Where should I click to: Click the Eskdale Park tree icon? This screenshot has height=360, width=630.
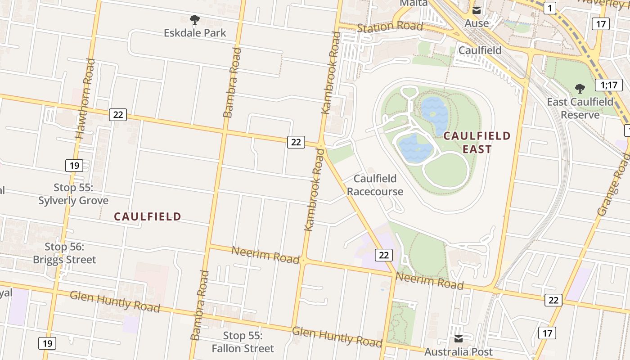pyautogui.click(x=194, y=19)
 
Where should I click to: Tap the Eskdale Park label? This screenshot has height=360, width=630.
pyautogui.click(x=195, y=33)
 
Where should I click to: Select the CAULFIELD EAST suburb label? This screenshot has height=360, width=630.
pyautogui.click(x=477, y=142)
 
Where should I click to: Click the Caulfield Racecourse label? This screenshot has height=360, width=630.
pyautogui.click(x=375, y=185)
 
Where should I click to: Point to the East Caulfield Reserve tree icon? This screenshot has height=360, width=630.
pyautogui.click(x=580, y=88)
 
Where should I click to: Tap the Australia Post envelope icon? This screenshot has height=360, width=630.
pyautogui.click(x=458, y=339)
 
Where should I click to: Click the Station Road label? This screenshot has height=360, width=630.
pyautogui.click(x=390, y=27)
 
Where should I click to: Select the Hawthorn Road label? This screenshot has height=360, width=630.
pyautogui.click(x=85, y=99)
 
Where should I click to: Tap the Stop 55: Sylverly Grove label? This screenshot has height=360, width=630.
pyautogui.click(x=73, y=194)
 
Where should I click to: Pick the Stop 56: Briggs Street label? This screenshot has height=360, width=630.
pyautogui.click(x=64, y=253)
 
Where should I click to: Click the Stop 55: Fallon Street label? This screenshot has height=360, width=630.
pyautogui.click(x=243, y=342)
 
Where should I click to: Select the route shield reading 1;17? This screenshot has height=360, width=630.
pyautogui.click(x=608, y=85)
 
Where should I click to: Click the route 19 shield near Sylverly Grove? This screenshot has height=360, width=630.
pyautogui.click(x=74, y=165)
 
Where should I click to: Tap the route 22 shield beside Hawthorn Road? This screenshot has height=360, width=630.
pyautogui.click(x=118, y=115)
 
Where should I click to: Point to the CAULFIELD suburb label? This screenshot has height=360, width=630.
pyautogui.click(x=147, y=216)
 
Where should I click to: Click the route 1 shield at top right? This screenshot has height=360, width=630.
pyautogui.click(x=549, y=8)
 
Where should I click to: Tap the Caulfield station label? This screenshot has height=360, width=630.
pyautogui.click(x=480, y=50)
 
